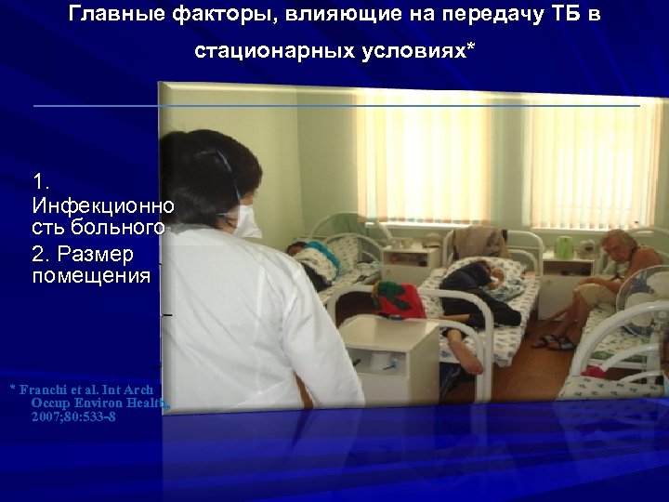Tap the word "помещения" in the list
pyautogui.click(x=91, y=275)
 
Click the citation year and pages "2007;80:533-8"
pyautogui.click(x=73, y=416)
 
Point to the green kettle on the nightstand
pyautogui.click(x=562, y=246)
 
